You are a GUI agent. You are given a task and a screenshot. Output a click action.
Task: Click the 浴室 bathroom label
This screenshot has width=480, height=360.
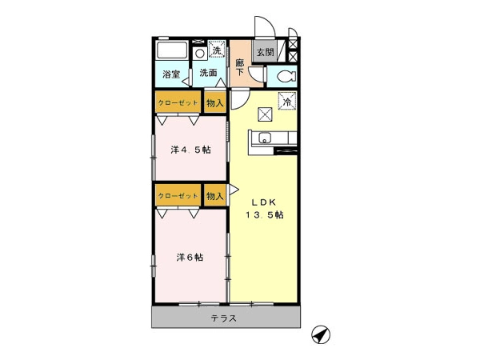(x=171, y=74)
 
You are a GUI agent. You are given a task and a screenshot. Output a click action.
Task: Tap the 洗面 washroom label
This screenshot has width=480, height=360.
(x=209, y=73)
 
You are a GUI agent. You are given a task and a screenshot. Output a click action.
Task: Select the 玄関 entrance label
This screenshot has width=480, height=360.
(x=265, y=52)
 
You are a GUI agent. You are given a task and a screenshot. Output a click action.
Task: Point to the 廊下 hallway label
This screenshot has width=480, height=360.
(x=240, y=67)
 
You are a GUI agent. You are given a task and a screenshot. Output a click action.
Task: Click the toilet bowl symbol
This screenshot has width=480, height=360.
(x=286, y=76)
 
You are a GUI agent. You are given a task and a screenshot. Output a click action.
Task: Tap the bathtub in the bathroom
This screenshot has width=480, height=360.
(x=171, y=50)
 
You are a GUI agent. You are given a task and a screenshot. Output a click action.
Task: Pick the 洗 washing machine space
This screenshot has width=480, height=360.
(x=217, y=50)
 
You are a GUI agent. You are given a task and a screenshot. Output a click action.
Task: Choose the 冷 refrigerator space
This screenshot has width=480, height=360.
(x=287, y=101)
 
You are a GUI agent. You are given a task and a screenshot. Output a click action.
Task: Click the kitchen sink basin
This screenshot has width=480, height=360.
(x=264, y=138)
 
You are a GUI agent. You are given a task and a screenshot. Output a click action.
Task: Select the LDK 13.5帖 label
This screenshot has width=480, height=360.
(x=265, y=209)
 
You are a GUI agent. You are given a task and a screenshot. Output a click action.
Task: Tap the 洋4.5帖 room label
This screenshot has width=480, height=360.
(x=190, y=150)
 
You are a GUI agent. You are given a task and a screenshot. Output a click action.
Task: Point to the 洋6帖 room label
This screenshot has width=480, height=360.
(x=190, y=258)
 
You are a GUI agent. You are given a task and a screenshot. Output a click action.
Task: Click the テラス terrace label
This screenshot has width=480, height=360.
(x=224, y=318)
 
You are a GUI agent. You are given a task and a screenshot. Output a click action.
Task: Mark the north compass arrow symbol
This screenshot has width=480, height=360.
(x=321, y=334)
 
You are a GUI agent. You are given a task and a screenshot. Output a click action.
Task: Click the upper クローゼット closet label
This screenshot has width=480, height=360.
(x=178, y=103)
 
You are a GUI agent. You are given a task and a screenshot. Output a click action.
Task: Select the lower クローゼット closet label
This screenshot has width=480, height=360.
(x=178, y=196)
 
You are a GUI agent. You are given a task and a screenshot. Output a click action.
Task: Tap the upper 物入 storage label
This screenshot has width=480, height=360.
(x=215, y=103)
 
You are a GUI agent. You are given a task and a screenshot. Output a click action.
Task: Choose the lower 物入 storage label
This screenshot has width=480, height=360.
(x=215, y=196)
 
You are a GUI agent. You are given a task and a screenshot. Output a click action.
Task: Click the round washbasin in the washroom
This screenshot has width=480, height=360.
(x=200, y=54)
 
